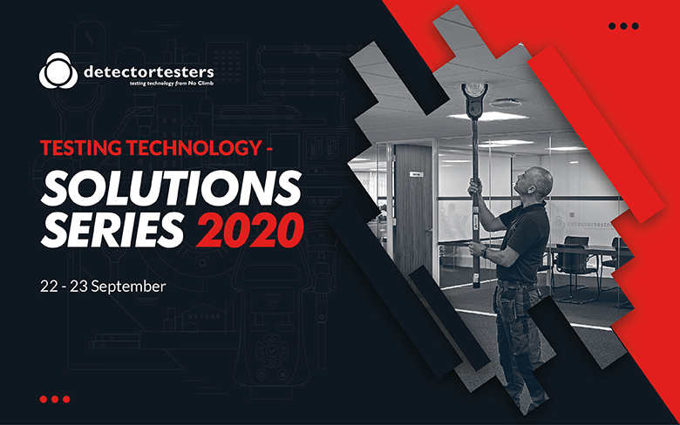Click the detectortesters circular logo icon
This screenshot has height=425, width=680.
click(58, 71)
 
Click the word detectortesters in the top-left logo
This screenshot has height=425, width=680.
click(149, 72)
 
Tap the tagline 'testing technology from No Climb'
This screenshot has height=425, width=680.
click(172, 84)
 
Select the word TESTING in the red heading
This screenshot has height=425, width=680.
click(81, 148)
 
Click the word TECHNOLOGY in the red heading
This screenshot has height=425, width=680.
click(194, 148)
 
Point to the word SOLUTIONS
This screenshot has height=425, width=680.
click(171, 188)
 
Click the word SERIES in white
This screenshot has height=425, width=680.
click(112, 229)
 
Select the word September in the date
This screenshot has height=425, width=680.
click(128, 287)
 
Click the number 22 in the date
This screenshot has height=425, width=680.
click(49, 287)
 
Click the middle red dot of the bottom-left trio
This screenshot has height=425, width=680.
click(55, 399)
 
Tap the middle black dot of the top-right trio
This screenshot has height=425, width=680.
click(623, 26)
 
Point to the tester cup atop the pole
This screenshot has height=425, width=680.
click(475, 99)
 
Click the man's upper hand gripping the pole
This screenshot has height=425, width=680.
click(476, 188)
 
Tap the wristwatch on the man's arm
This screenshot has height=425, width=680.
click(485, 253)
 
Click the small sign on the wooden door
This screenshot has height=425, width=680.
click(416, 174)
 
